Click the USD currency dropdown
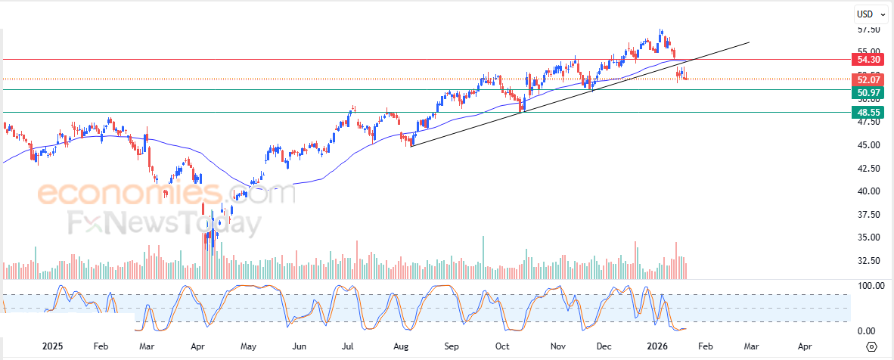871,14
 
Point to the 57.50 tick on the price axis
868,29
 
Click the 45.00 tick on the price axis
868,144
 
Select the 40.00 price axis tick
868,191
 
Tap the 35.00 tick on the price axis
868,237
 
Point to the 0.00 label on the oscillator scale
867,331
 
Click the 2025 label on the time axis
52,346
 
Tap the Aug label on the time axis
401,346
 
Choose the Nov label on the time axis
558,346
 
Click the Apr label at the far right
805,346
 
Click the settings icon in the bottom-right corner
871,346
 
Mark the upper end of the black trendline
749,42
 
